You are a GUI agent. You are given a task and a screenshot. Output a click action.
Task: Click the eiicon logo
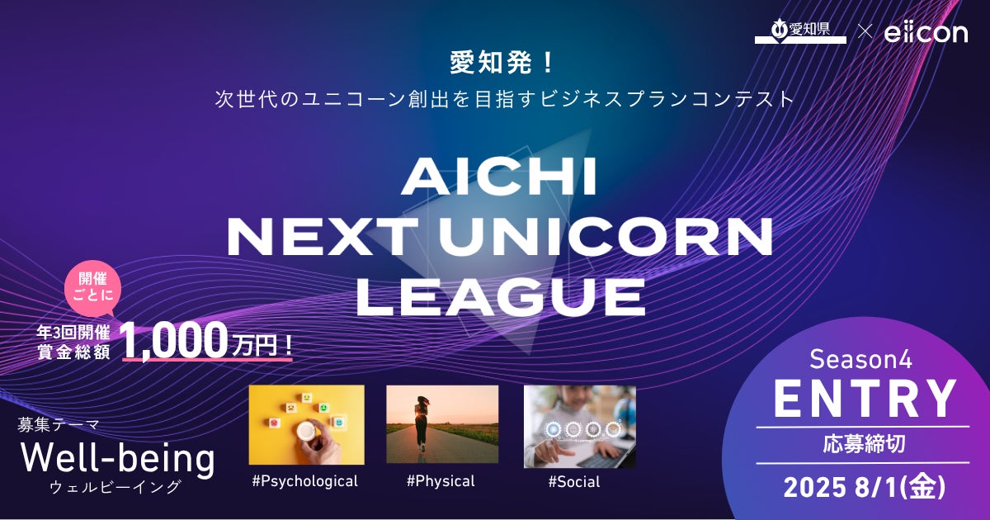926,33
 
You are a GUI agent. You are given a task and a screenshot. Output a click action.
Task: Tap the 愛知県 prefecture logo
800,31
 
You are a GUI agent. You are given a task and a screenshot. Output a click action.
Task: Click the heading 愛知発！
502,63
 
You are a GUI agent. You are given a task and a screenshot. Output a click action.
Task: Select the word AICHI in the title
499,177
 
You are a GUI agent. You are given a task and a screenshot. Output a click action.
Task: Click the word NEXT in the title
322,238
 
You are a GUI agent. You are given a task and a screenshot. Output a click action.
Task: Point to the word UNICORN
606,238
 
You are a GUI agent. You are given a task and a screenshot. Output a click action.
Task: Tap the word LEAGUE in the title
500,297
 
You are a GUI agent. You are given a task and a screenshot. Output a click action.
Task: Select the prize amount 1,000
174,340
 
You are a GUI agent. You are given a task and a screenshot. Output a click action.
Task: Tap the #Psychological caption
305,481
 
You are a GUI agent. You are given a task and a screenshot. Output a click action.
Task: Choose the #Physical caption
441,481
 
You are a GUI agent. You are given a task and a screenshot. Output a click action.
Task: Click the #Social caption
574,481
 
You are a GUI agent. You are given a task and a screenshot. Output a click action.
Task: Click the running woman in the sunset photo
422,423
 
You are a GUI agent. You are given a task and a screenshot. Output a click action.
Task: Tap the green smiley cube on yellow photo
323,407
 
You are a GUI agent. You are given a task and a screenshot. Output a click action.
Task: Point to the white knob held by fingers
306,430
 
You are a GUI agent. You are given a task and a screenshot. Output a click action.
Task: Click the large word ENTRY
864,399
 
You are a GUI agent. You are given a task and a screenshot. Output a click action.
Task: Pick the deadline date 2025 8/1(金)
865,487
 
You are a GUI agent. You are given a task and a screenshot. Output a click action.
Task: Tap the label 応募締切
864,444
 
